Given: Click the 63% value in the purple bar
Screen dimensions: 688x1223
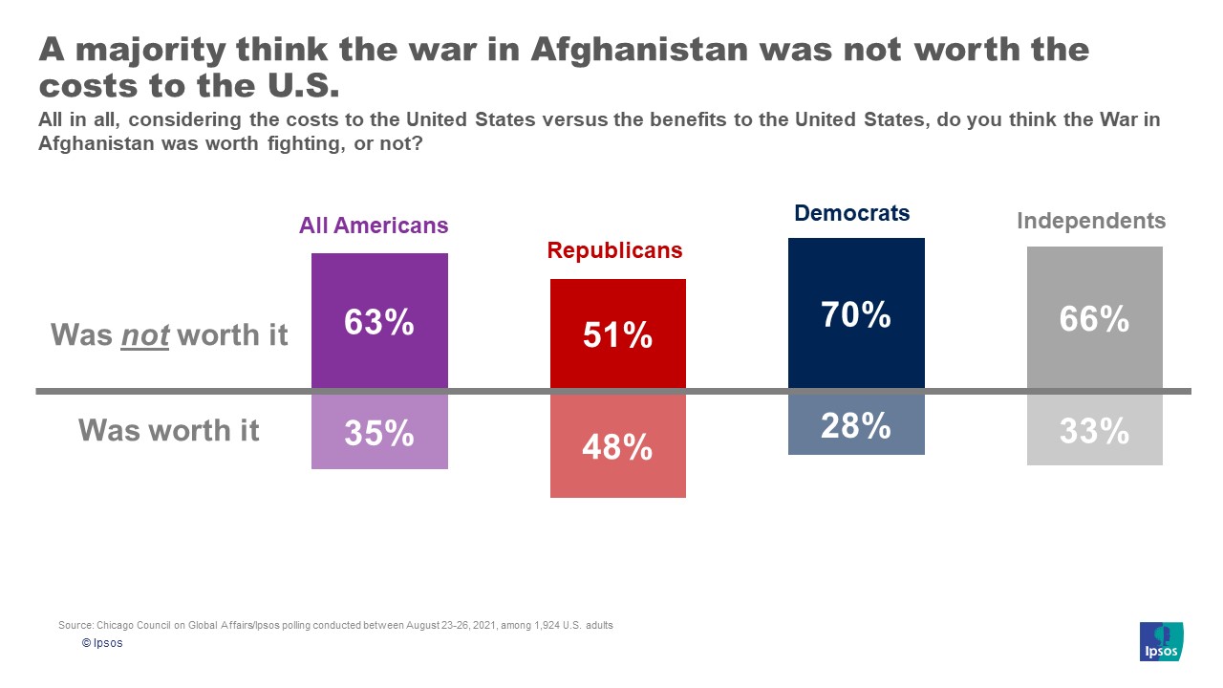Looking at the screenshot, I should point(379,323).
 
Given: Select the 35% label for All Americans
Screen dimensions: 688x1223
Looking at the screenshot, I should point(379,433).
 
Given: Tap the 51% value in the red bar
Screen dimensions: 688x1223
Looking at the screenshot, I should point(617,334).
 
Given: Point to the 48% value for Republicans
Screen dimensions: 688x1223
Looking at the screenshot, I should point(617,446).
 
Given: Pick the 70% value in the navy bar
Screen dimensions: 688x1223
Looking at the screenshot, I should point(856,313).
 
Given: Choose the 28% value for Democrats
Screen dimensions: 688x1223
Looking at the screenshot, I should point(856,425).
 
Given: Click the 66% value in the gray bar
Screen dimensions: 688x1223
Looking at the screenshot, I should point(1094,318).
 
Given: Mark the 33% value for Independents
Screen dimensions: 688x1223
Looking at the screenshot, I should point(1094,432).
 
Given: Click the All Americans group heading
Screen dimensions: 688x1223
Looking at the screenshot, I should point(374,226).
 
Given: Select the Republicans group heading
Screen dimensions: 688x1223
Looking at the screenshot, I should point(614,250).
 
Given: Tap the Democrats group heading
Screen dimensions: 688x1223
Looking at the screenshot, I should point(852,213).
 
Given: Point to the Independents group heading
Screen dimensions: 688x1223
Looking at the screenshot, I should point(1091,221).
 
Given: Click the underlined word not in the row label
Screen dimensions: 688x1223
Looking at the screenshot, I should point(144,334).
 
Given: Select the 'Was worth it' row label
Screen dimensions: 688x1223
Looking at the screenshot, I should point(169,430).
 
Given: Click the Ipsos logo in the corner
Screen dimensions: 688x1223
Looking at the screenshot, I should point(1161,640).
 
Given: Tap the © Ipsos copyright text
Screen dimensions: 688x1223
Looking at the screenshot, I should point(102,643).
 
